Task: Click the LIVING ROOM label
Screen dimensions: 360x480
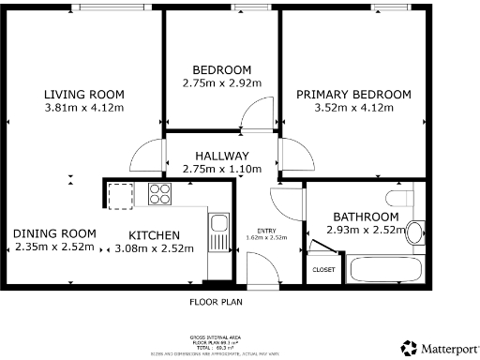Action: [x=84, y=94]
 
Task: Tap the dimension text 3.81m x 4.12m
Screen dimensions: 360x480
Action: [x=84, y=107]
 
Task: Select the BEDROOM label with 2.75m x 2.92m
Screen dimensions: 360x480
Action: [x=222, y=70]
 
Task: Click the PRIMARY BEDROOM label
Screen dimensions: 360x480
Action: [x=353, y=94]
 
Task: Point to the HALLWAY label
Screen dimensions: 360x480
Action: [x=222, y=156]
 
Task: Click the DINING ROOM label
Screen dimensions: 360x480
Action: [x=54, y=233]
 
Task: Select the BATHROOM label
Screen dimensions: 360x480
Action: [x=366, y=217]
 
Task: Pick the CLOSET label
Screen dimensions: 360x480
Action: [x=323, y=269]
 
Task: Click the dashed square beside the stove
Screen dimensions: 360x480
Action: [x=122, y=196]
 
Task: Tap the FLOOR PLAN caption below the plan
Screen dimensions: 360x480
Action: [x=217, y=302]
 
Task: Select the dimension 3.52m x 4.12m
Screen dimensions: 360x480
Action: [x=353, y=107]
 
